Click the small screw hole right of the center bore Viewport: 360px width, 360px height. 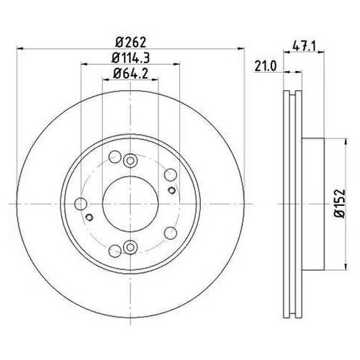pyautogui.click(x=171, y=189)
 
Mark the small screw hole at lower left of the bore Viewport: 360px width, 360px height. pyautogui.click(x=89, y=217)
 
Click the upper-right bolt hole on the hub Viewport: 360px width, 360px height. pyautogui.click(x=169, y=175)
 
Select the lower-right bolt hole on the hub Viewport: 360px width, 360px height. pyautogui.click(x=169, y=233)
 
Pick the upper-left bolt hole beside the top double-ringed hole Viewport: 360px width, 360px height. pyautogui.click(x=114, y=158)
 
